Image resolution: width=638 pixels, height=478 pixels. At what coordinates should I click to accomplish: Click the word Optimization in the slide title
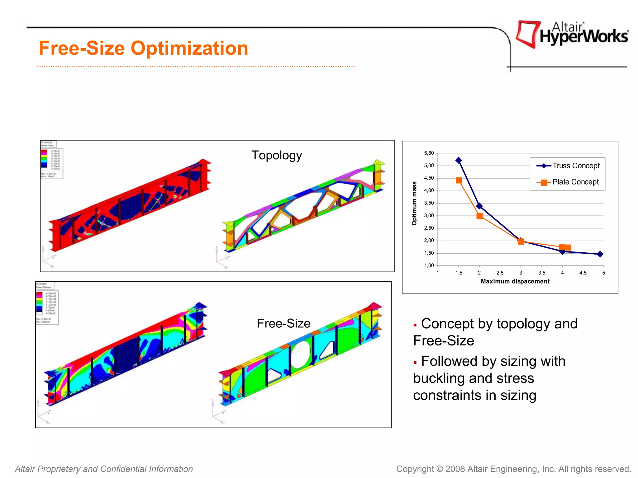[x=189, y=49]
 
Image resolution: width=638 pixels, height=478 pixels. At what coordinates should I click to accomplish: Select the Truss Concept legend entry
[x=568, y=166]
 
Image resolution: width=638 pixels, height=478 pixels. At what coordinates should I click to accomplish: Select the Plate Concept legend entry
[x=568, y=182]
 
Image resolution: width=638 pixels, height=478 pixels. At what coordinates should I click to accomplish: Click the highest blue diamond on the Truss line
[x=459, y=160]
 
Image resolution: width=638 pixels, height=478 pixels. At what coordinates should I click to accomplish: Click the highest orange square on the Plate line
[x=459, y=180]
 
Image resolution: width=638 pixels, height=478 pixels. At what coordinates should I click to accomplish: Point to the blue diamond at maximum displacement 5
[x=600, y=254]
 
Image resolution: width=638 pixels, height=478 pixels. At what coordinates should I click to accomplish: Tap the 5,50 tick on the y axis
[x=429, y=153]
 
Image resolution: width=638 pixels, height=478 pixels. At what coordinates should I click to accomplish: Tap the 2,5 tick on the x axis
[x=500, y=273]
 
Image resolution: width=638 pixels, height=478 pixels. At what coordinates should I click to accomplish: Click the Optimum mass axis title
[x=414, y=203]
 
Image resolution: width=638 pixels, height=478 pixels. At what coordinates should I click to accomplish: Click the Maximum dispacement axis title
[x=515, y=281]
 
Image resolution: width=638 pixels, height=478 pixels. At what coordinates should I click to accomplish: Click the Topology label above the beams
[x=276, y=155]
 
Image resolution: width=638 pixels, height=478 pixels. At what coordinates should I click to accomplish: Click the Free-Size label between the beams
[x=283, y=324]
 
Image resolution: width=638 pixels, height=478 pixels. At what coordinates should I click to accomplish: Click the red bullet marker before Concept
[x=415, y=325]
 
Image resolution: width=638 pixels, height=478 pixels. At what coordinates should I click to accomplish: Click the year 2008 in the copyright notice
[x=455, y=469]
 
